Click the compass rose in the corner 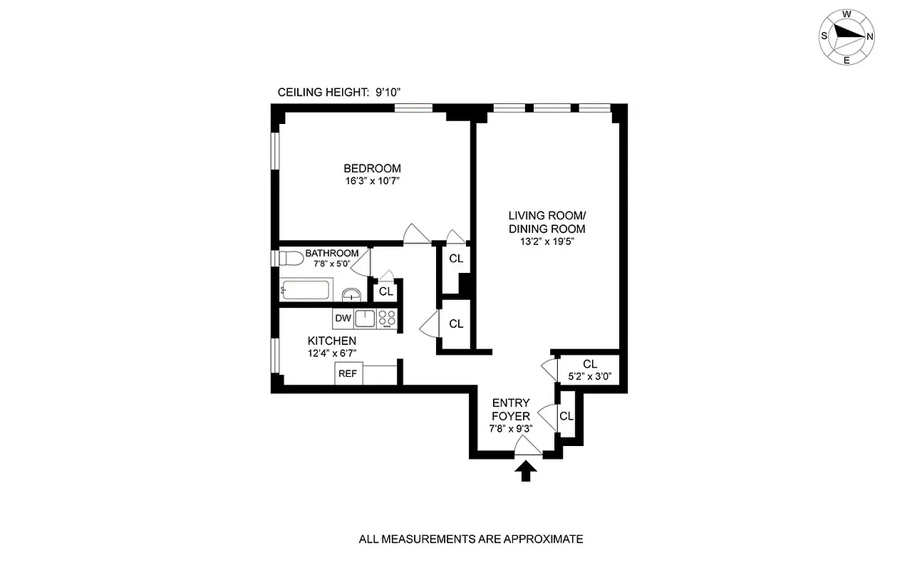pos(846,36)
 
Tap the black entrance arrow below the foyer pos(527,471)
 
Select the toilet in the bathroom pos(291,257)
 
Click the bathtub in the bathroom pos(306,290)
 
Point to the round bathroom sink pos(350,294)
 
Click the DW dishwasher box pos(343,318)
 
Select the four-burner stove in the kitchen pos(387,318)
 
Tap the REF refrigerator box pos(348,373)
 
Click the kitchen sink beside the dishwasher pos(366,318)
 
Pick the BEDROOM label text pos(372,168)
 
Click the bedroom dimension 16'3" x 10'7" pos(372,181)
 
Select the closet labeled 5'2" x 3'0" pos(589,370)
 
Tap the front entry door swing pos(527,446)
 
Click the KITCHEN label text pos(332,341)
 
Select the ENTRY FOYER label pos(511,409)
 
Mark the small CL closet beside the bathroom pos(385,291)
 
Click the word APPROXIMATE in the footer pos(542,539)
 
